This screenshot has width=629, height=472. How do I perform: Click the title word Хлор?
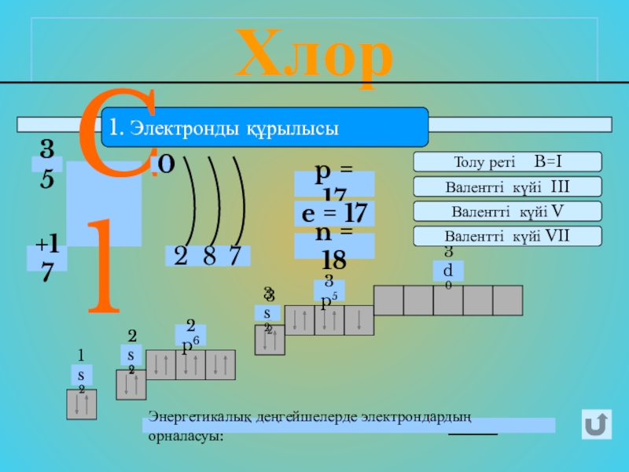click(x=314, y=53)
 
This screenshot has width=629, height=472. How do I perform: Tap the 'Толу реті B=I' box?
click(x=507, y=162)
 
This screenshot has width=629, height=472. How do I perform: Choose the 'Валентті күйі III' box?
click(x=507, y=186)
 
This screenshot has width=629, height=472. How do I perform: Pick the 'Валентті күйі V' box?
click(x=507, y=211)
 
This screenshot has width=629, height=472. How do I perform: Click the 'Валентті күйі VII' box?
click(x=507, y=235)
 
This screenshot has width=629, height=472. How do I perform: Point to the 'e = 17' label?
click(x=334, y=213)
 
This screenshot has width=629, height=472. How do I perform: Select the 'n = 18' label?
click(x=334, y=246)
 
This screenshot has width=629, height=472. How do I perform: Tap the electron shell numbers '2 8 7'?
click(x=208, y=255)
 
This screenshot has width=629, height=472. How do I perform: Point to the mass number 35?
click(x=47, y=164)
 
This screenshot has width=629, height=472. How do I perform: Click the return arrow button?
click(x=598, y=426)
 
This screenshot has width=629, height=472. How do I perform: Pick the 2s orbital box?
click(x=131, y=385)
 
